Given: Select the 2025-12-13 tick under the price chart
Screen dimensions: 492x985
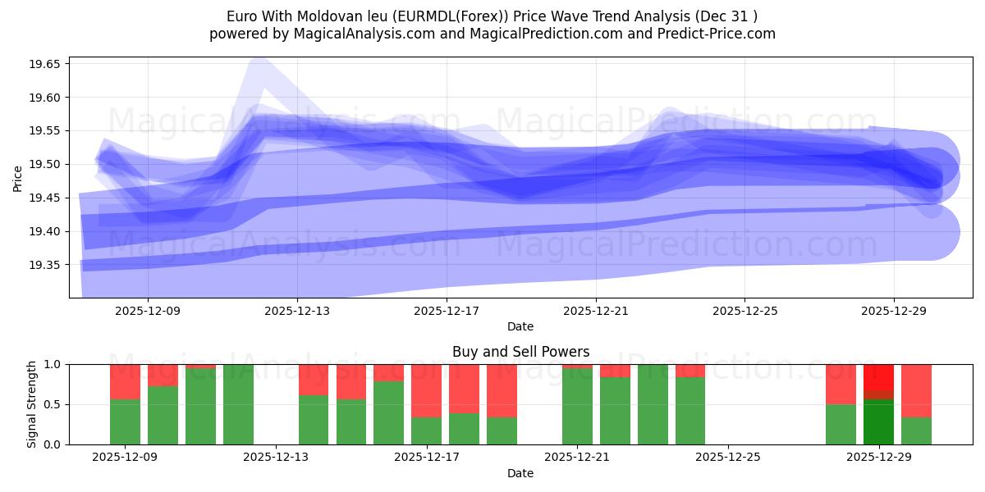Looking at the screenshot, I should (297, 311).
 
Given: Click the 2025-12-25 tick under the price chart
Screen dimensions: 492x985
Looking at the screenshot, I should (744, 311).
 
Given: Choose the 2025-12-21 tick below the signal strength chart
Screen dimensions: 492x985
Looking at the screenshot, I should (577, 458).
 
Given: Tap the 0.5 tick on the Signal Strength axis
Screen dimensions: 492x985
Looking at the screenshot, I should (53, 404).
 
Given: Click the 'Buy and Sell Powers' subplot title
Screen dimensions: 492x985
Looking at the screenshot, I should (520, 352).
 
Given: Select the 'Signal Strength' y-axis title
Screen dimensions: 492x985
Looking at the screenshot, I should (33, 404).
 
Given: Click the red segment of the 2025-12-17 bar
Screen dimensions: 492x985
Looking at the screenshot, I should (426, 390).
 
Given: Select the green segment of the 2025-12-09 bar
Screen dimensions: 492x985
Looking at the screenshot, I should (125, 421).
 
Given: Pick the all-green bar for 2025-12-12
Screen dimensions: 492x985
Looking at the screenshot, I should (238, 404).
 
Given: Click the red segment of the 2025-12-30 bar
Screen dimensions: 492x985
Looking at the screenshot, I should (916, 390).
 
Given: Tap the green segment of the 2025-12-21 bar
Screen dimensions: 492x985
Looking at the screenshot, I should (577, 406).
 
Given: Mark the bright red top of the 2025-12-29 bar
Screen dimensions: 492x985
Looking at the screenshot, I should (878, 377).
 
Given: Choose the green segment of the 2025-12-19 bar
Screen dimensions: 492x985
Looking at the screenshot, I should (502, 430).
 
